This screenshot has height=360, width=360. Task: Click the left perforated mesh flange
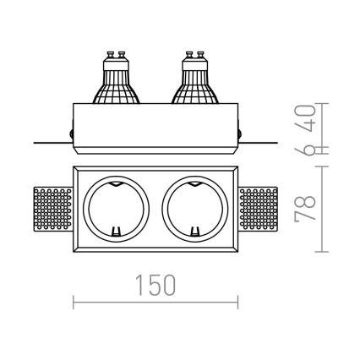tap(53, 210)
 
